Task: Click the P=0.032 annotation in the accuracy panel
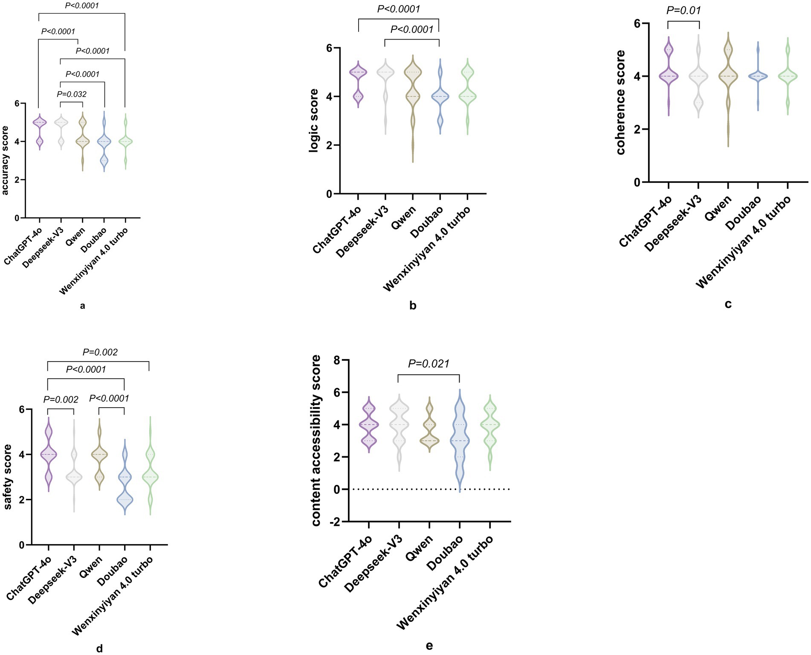click(x=72, y=94)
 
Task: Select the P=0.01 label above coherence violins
click(x=684, y=10)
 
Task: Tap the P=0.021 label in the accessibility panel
click(x=429, y=364)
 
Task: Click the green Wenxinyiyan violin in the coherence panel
click(x=788, y=77)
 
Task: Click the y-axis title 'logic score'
click(x=314, y=121)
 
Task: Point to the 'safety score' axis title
click(x=8, y=477)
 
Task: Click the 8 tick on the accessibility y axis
click(x=337, y=360)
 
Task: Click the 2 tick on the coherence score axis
click(x=637, y=129)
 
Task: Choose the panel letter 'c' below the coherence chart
click(x=728, y=304)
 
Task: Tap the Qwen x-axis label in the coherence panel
click(x=718, y=208)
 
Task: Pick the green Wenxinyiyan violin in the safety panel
click(x=150, y=478)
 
